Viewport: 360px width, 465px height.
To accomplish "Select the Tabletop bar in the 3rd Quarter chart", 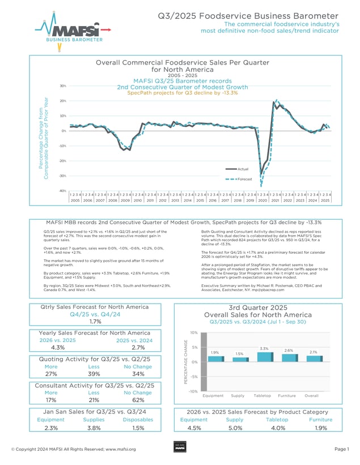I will [x=263, y=357].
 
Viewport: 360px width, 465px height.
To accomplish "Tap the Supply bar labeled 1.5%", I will [x=238, y=360].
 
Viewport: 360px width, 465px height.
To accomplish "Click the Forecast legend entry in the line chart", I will [x=243, y=178].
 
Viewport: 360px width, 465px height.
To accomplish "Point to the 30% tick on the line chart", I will [x=62, y=86].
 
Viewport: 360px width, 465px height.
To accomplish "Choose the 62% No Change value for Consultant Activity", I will [x=138, y=400].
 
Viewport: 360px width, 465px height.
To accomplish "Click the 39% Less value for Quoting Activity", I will [x=95, y=374].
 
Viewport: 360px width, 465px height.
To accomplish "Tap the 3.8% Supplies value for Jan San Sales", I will [x=94, y=428].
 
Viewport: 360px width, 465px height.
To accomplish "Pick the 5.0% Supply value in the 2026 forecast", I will [x=234, y=428].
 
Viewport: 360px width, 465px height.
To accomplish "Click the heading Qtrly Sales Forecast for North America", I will [x=95, y=306].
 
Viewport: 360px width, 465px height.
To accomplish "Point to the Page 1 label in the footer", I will [x=342, y=449].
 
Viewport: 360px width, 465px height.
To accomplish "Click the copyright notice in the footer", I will [x=73, y=449].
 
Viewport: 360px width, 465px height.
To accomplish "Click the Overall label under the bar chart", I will [x=311, y=395].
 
